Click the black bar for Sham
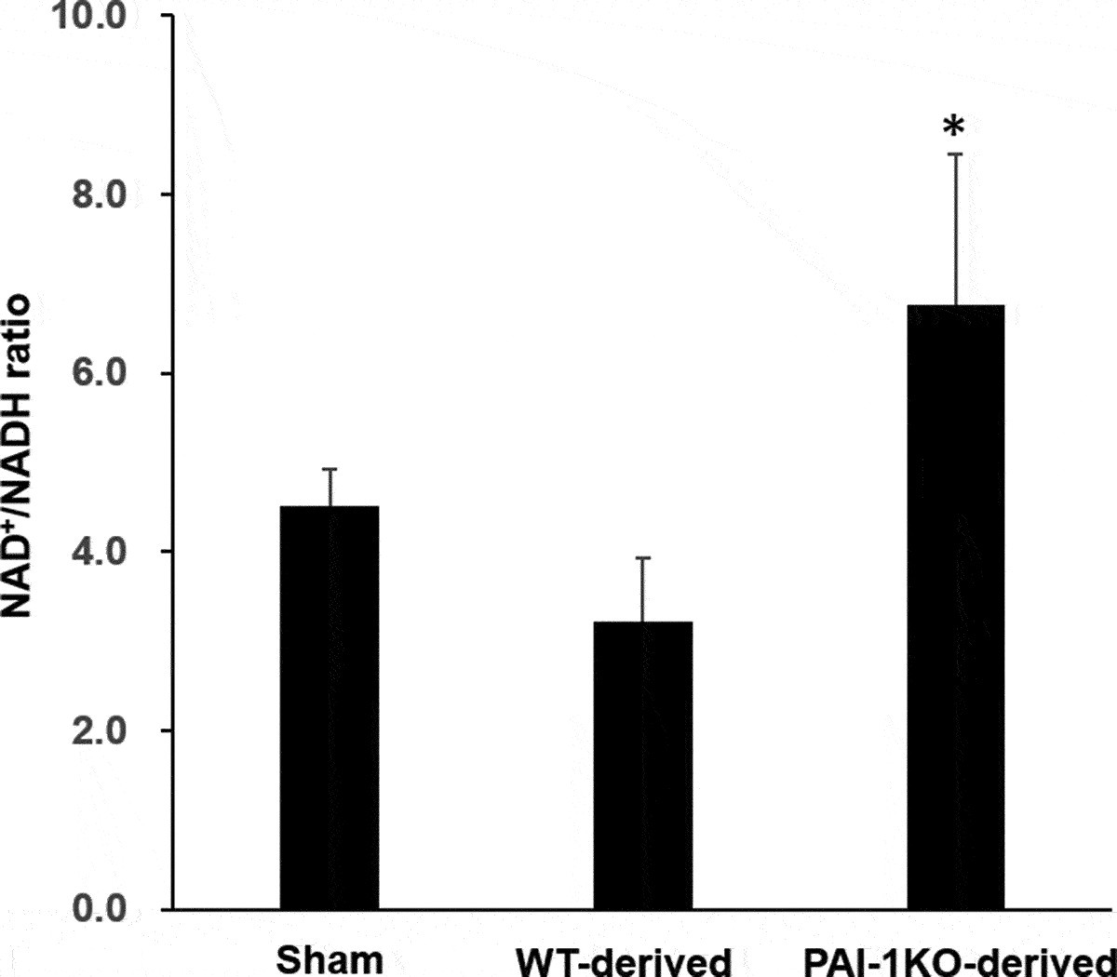coord(330,707)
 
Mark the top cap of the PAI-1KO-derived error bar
coord(956,154)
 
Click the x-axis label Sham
coord(330,958)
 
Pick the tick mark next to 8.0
coord(166,194)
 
